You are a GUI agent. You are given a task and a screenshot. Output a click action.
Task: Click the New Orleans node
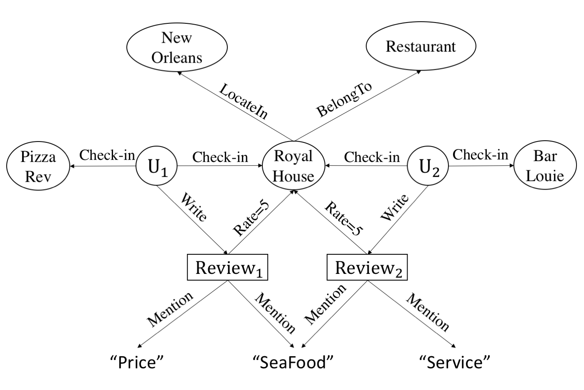tap(177, 47)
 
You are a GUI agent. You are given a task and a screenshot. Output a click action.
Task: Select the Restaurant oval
tap(420, 46)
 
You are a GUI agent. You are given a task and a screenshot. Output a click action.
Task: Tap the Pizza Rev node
tap(38, 167)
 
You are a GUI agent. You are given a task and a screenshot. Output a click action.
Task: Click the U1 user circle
tap(157, 167)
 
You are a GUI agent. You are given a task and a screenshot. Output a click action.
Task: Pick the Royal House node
tap(293, 166)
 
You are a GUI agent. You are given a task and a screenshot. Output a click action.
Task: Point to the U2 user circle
tap(428, 167)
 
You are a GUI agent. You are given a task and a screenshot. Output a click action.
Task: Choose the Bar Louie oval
tap(545, 166)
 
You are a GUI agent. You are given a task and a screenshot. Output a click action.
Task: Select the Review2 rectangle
tap(367, 268)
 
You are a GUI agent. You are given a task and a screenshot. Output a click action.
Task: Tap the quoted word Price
tap(137, 362)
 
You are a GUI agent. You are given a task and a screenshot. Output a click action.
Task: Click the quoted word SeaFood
tap(294, 362)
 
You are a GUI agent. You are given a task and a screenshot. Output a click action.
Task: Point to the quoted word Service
tap(455, 362)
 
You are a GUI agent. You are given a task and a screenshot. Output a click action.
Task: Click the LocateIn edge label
tap(244, 101)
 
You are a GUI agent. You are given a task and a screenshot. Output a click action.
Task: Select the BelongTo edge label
tap(344, 99)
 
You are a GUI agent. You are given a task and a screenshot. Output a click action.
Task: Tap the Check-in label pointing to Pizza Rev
tap(107, 155)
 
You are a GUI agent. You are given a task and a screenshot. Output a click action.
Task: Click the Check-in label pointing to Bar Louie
tap(480, 154)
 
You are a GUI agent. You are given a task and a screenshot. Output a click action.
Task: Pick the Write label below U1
tap(193, 207)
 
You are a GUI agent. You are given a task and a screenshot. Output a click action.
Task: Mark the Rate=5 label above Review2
tap(344, 219)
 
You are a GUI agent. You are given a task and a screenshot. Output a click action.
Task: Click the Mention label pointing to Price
tap(170, 309)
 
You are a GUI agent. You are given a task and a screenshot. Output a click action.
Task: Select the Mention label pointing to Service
tap(428, 312)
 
